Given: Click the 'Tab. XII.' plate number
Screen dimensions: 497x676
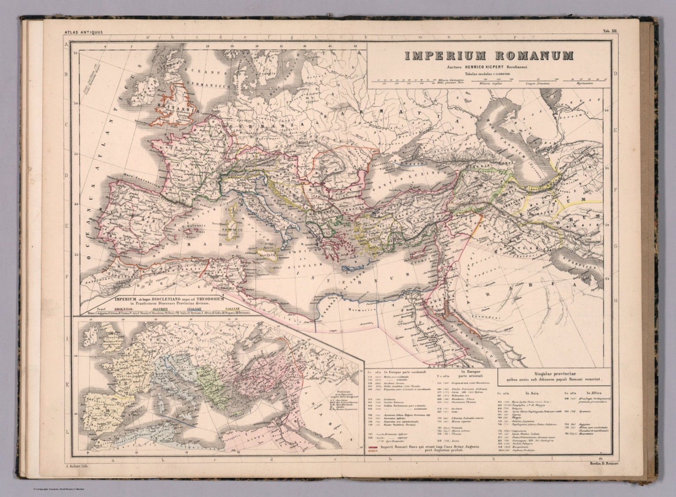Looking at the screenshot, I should click(x=610, y=32).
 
